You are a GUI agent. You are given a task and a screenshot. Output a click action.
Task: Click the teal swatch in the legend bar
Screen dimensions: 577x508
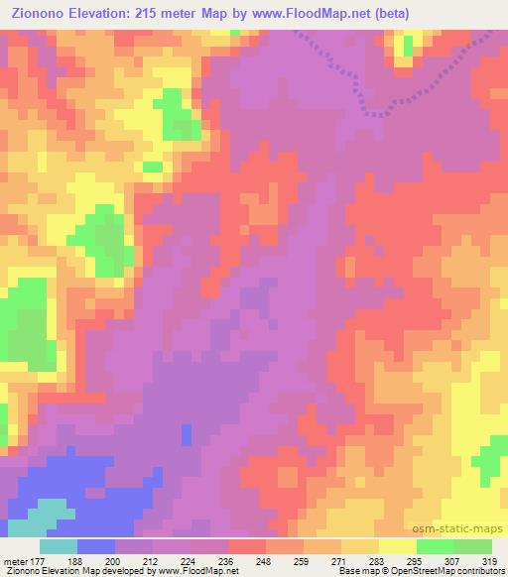pyautogui.click(x=59, y=546)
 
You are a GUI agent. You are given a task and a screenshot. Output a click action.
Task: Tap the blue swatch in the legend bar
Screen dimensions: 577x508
pyautogui.click(x=96, y=546)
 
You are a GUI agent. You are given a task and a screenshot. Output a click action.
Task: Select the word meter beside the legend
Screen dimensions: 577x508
pyautogui.click(x=12, y=562)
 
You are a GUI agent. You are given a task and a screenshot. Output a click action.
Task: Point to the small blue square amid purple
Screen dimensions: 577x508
pyautogui.click(x=187, y=434)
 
